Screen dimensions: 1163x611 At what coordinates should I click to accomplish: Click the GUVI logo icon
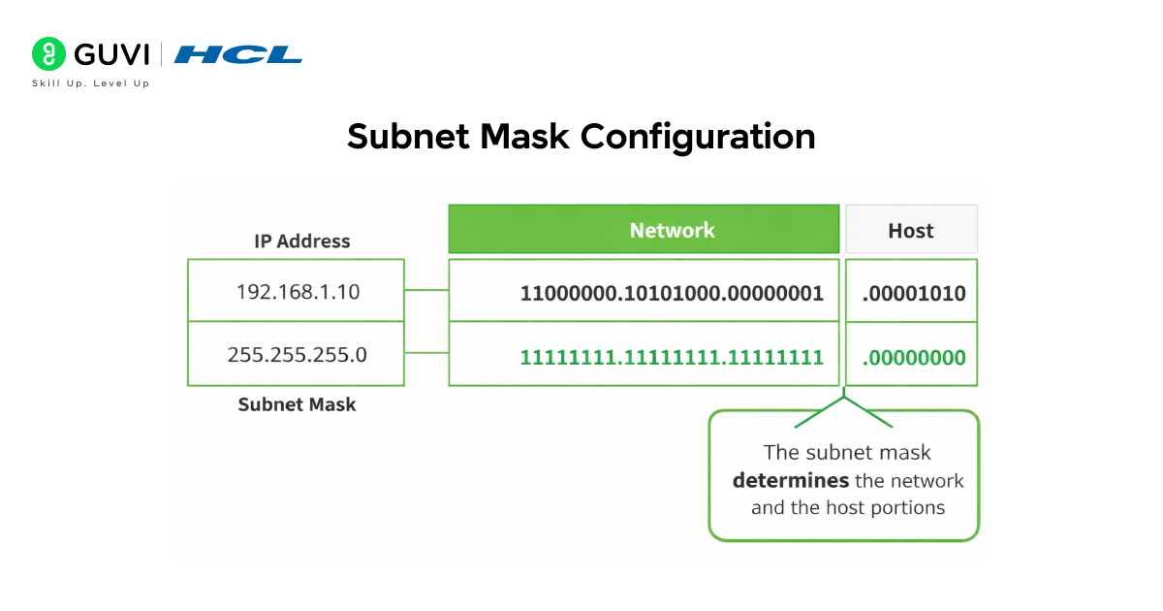(47, 53)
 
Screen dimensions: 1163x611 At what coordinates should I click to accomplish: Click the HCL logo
(238, 54)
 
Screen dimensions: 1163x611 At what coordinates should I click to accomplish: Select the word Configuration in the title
(698, 136)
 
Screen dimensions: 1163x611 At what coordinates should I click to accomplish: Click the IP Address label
(302, 241)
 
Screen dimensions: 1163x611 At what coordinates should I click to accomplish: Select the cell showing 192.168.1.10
(297, 291)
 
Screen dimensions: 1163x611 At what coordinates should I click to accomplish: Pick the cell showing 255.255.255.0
(297, 354)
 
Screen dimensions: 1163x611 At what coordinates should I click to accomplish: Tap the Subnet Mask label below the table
(297, 404)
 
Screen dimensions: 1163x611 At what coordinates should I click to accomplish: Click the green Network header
(644, 230)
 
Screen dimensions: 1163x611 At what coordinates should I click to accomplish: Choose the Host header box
(911, 230)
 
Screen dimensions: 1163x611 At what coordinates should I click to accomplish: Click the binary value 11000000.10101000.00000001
(672, 293)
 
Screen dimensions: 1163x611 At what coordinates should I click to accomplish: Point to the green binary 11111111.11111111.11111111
(672, 357)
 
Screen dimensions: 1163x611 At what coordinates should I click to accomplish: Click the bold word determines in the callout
(791, 480)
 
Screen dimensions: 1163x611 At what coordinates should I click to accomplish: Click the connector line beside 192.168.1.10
(426, 290)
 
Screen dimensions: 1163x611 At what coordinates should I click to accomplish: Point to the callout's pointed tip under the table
(844, 396)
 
